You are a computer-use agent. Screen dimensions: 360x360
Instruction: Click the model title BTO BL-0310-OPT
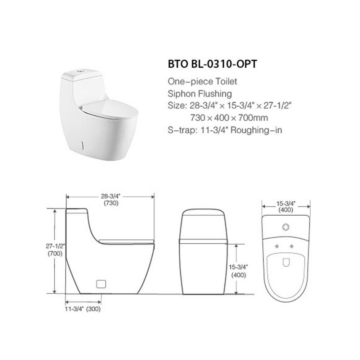tap(212, 64)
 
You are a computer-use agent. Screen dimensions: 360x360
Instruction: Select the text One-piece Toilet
tap(202, 81)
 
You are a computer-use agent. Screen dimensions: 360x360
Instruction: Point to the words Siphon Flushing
tap(200, 94)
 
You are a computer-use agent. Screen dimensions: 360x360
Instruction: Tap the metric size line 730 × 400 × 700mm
tap(229, 118)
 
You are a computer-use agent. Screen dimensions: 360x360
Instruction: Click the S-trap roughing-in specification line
tap(225, 130)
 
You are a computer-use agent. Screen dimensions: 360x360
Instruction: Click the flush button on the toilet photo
tap(80, 71)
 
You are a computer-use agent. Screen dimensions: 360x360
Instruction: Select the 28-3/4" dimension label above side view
tap(111, 196)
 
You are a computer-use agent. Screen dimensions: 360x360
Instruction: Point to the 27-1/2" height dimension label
tap(55, 246)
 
